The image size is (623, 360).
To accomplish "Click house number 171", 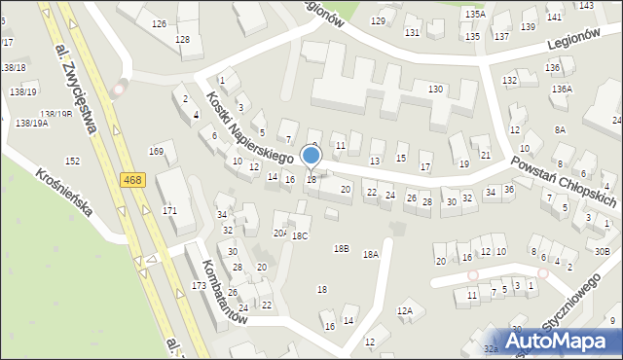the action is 170,210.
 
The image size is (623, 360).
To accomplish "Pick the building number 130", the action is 435,89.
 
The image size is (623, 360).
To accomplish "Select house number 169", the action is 156,151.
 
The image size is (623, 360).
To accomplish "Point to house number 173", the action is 200,285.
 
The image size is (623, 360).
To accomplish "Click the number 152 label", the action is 72,161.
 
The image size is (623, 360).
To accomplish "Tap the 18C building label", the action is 300,235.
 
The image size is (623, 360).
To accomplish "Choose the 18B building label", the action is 341,248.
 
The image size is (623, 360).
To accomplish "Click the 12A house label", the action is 405,310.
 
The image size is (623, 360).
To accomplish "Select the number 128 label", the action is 182,39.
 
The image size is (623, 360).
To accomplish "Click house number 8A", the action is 560,129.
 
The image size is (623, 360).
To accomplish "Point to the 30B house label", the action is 602,252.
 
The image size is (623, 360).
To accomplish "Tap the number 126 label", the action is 159,23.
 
